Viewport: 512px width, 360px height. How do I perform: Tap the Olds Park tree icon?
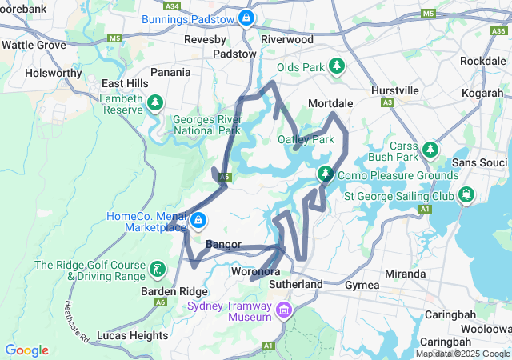coord(337,66)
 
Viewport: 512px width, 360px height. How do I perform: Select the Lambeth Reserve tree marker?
coord(156,103)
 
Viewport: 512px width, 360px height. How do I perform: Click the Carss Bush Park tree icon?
coord(430,150)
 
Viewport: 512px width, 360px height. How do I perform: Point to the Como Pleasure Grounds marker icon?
coord(326,174)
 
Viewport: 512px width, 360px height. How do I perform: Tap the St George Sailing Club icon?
coord(466,194)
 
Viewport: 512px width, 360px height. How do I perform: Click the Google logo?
coord(26,350)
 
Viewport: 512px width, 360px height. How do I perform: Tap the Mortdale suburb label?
coord(331,104)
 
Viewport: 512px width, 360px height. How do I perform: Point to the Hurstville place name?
coord(395,90)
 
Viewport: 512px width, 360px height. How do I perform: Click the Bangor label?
coord(223,244)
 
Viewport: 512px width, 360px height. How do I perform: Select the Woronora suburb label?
coord(254,272)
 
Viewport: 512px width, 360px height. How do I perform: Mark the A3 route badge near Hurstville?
coord(388,102)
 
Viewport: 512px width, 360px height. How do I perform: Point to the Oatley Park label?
coord(306,139)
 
